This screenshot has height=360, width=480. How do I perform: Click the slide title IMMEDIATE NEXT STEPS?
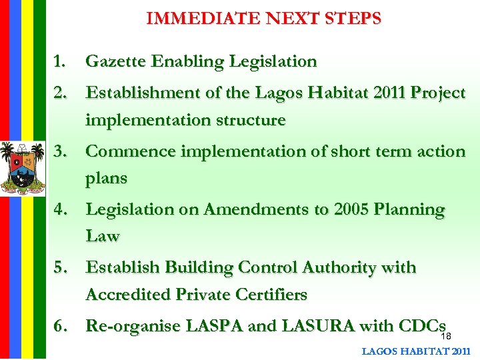(263, 18)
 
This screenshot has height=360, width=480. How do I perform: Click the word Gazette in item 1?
(113, 62)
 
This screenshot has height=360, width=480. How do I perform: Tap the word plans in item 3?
(106, 179)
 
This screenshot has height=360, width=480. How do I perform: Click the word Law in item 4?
(102, 236)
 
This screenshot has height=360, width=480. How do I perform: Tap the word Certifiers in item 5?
(267, 294)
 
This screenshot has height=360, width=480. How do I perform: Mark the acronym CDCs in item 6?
(421, 325)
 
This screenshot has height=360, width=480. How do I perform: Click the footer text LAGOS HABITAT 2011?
(416, 351)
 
